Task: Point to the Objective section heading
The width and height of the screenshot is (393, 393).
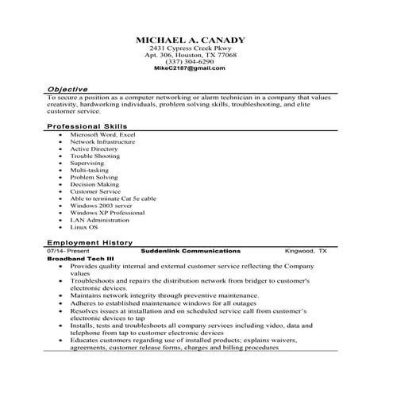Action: pos(67,90)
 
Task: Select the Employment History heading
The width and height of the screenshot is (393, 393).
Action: pos(90,241)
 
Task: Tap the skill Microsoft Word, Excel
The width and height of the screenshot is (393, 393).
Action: pos(102,135)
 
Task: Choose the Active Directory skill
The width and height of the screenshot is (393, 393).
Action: pos(94,148)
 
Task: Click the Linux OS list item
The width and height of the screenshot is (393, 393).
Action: pos(83,227)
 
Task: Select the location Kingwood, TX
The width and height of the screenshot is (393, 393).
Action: pos(306,249)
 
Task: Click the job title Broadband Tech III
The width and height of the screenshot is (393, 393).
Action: pos(80,260)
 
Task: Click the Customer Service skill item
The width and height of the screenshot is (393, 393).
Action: pos(97,191)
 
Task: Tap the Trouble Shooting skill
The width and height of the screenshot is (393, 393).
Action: pos(94,156)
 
